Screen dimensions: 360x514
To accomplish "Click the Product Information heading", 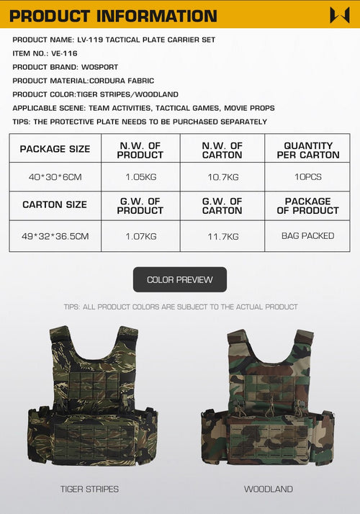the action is coord(113,15).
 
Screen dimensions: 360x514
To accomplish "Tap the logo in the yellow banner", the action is coord(339,15).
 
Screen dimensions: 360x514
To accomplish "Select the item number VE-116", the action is coord(64,53).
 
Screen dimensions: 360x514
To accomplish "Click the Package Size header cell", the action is coord(55,149).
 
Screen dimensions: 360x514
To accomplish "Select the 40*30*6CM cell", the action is coord(55,177).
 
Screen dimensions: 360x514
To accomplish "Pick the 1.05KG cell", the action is coord(140,177).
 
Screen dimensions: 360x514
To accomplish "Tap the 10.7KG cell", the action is coord(222,177).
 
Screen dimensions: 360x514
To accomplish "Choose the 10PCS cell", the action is coord(307,177).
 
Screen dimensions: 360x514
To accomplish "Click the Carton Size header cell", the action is coord(55,205).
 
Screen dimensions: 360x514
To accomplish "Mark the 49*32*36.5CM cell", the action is coord(55,236).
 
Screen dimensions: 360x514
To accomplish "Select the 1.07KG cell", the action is coord(140,236).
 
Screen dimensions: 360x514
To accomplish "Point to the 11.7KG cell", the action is coord(222,236).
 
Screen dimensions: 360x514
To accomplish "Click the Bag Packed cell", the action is coord(307,236).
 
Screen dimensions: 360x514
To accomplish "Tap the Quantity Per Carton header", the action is coord(307,150).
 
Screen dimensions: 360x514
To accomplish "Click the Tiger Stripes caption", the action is coord(90,490).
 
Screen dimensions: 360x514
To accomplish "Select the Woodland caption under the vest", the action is coord(269,490).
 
